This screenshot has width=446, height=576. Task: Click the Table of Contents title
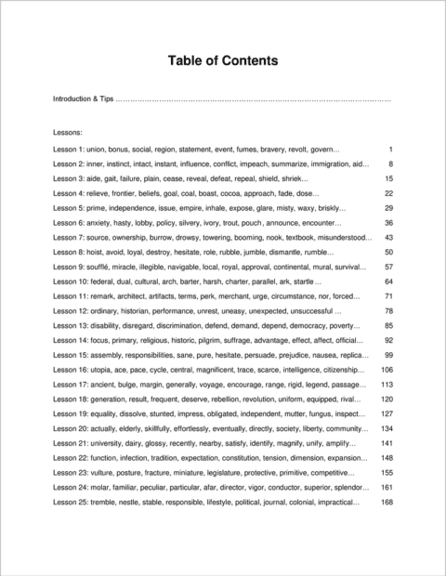point(222,61)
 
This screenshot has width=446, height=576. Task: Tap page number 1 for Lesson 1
point(391,150)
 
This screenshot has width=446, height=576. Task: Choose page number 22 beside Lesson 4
point(389,193)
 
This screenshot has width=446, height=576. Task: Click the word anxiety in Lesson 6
point(106,223)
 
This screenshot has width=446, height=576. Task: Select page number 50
point(389,252)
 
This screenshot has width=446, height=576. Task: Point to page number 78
point(389,310)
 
